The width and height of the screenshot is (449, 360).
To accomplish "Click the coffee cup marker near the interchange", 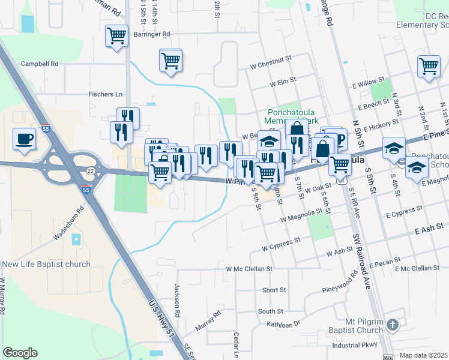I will (x=25, y=139).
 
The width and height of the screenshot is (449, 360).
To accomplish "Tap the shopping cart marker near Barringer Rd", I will (x=116, y=35).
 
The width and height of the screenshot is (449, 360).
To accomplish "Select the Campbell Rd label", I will (x=40, y=63).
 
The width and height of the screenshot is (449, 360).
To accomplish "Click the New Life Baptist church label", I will (x=46, y=264).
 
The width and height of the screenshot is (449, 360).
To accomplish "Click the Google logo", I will (x=20, y=353).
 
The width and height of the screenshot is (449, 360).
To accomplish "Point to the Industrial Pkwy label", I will (x=355, y=345).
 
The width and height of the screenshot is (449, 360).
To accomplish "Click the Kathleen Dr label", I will (x=285, y=324).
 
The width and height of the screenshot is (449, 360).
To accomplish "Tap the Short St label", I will (x=274, y=290).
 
